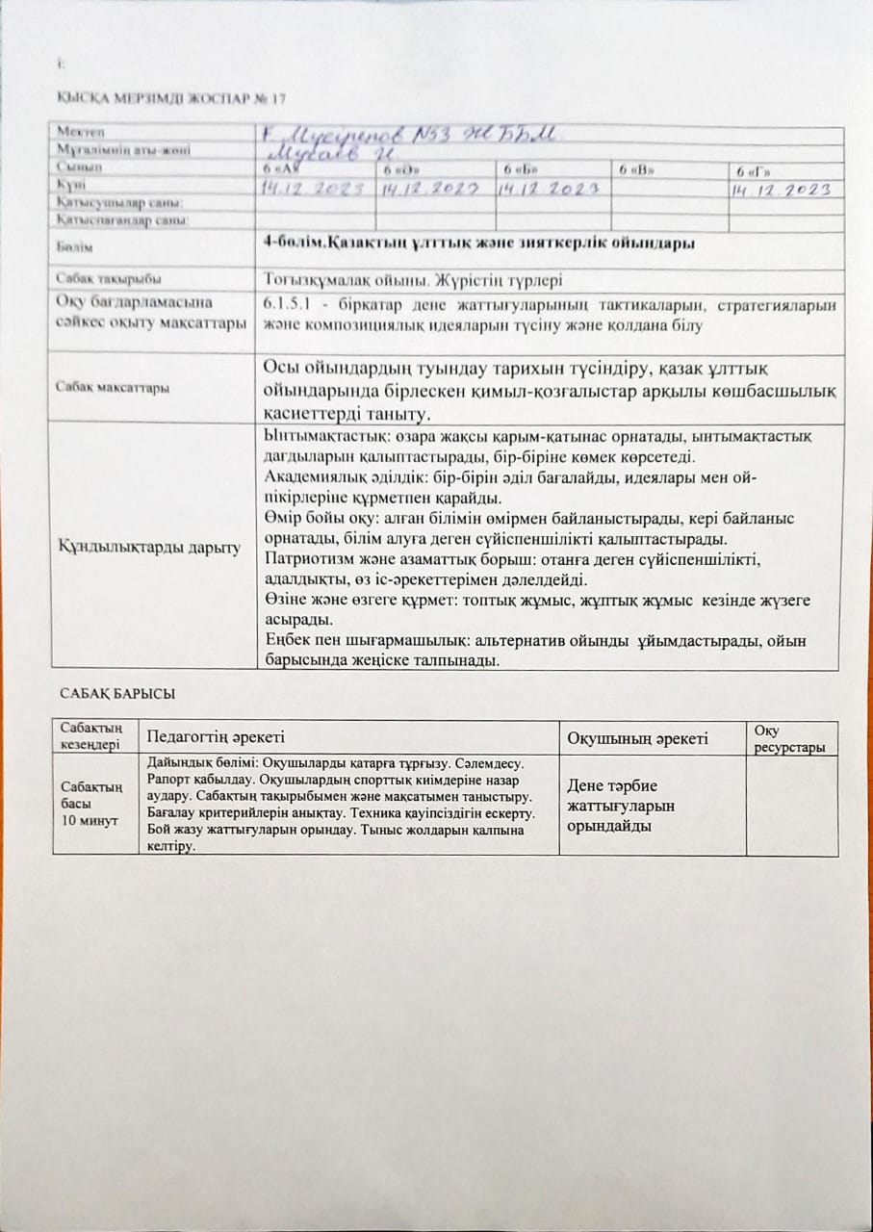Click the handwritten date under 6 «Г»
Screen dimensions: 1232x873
[x=781, y=190]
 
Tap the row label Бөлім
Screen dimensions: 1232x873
[x=71, y=248]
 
